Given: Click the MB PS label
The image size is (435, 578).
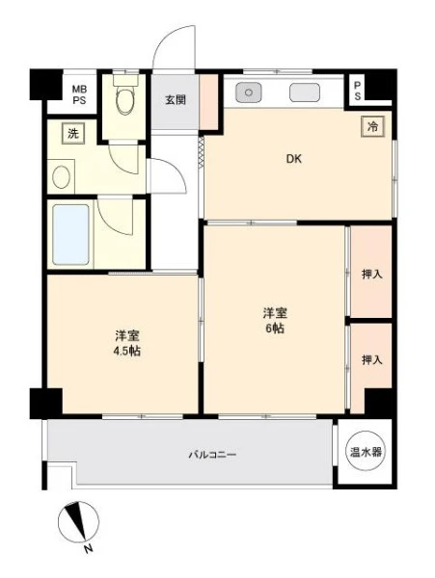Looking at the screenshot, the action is pos(79,94).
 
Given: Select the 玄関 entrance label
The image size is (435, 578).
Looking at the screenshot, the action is pos(176,99).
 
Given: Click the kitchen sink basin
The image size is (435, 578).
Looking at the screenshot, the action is pos(249,92).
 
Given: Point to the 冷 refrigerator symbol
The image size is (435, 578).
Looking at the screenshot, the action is pos(372,127).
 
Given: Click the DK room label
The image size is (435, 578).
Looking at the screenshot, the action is pos(294,159).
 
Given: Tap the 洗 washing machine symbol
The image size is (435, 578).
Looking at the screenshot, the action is pos(73,133).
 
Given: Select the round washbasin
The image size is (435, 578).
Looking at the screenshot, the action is pos(61,177).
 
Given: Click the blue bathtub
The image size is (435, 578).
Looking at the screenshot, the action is pos(70,234).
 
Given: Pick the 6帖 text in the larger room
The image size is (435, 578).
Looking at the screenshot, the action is pos(275,328).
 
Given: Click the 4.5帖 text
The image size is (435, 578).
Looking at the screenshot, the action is pos(127,351).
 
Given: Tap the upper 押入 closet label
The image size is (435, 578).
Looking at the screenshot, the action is pos(371,274).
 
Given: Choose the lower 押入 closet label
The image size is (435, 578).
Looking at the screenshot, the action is pos(371,359).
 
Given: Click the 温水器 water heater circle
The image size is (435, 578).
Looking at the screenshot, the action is pos(366,452).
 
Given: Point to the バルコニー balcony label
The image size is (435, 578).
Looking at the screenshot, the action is pos(213,455).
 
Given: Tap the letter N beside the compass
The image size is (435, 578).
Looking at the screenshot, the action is pos(88,549).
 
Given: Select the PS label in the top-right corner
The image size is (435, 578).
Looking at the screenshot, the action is pos(357,91).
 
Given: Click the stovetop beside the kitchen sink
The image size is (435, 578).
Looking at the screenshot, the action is pos(305,92).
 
